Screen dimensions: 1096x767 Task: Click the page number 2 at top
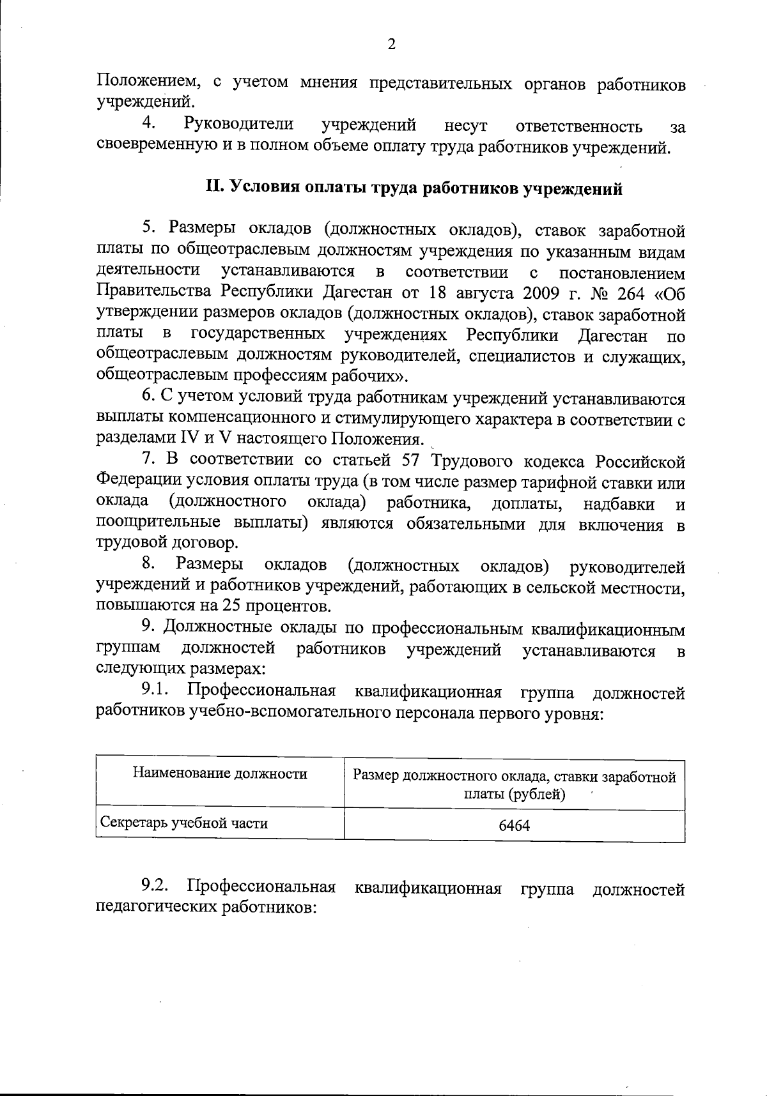391,44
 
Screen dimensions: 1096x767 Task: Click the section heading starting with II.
414,188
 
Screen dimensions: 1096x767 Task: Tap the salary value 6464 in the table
514,826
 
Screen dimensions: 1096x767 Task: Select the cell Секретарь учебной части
184,823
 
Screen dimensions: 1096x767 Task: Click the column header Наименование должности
220,774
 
